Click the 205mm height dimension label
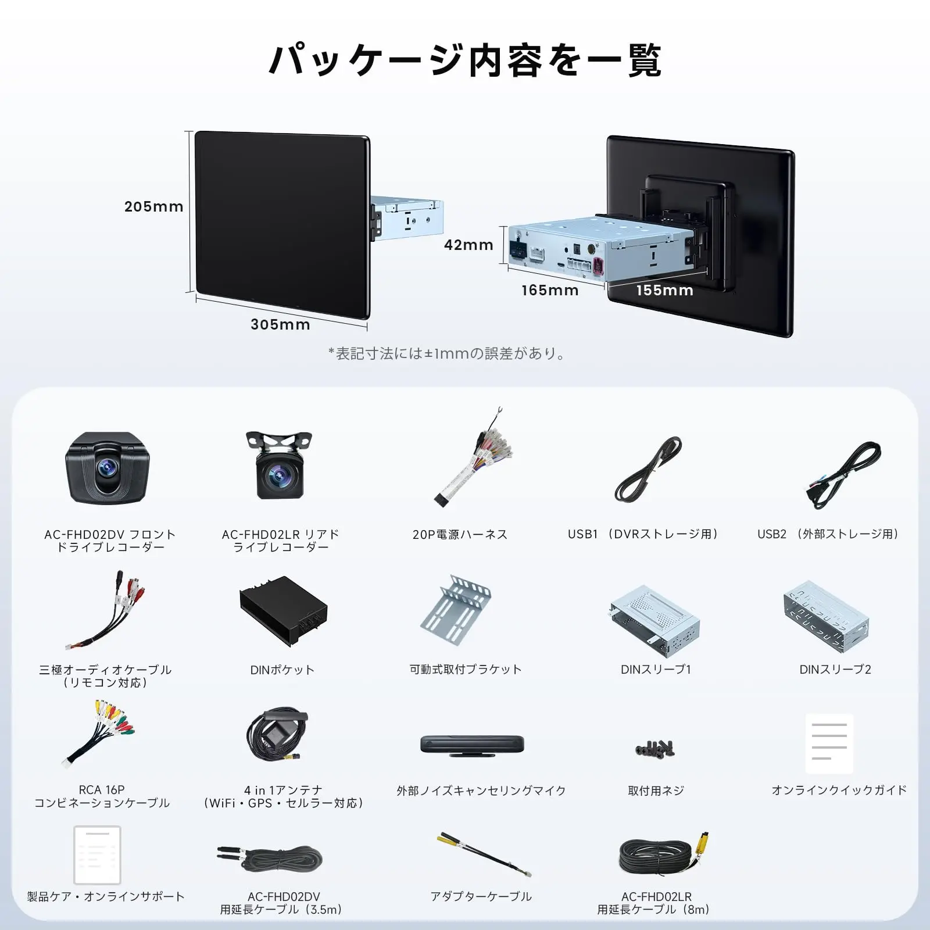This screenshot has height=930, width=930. [153, 206]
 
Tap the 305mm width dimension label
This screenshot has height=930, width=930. [280, 324]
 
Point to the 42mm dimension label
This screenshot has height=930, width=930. [468, 245]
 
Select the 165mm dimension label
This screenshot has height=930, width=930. [550, 290]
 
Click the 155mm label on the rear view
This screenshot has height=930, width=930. [665, 290]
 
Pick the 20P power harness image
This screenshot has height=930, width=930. [474, 457]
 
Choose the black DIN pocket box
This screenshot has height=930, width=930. [284, 611]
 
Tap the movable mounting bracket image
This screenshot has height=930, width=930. [456, 610]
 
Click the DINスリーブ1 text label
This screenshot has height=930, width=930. [656, 670]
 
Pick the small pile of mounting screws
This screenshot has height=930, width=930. [654, 749]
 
